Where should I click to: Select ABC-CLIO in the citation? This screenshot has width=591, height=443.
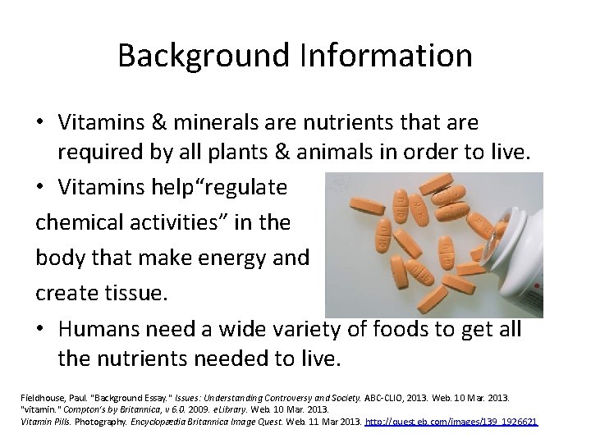tap(378, 396)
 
